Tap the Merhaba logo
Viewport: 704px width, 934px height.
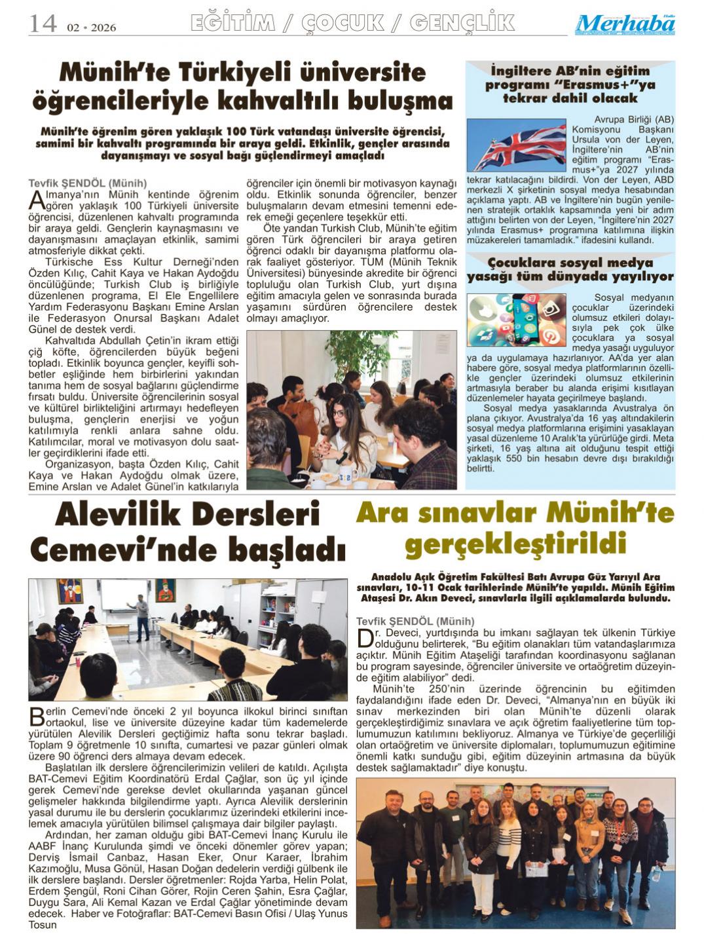click(x=625, y=25)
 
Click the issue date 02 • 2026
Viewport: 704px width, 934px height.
click(x=91, y=28)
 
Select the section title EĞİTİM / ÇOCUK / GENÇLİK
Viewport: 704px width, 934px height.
click(x=352, y=23)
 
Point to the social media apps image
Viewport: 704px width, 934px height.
click(x=516, y=320)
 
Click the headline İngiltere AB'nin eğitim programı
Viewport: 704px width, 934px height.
click(x=570, y=84)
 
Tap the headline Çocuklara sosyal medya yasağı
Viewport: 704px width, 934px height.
click(x=570, y=269)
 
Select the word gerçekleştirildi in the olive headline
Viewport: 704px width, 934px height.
click(x=515, y=544)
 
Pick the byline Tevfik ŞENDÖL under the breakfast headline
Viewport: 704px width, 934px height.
click(x=88, y=183)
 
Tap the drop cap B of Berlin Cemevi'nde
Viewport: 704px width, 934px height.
click(x=37, y=717)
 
